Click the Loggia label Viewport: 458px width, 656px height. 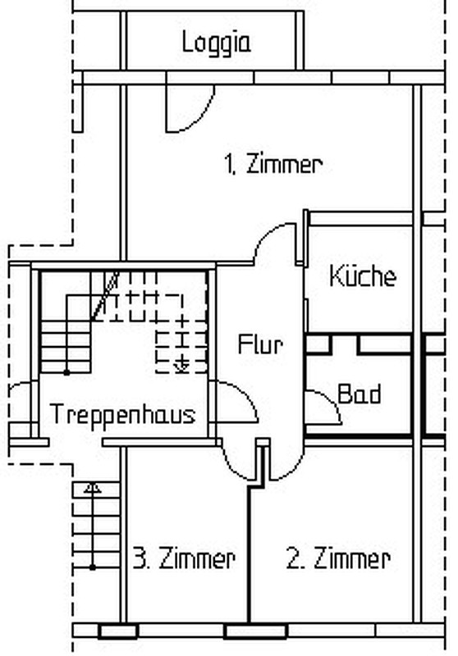[x=217, y=43]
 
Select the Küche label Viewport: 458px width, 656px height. [x=363, y=276]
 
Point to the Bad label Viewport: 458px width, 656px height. [x=360, y=394]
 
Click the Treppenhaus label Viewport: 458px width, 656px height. [x=122, y=415]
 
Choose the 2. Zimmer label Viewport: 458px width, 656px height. [x=338, y=558]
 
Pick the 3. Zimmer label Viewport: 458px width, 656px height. [x=184, y=558]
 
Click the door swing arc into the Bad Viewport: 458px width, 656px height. [x=332, y=401]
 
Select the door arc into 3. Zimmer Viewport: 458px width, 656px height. [x=231, y=467]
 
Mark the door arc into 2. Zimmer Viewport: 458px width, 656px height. [x=294, y=469]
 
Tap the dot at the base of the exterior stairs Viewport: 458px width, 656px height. [x=93, y=567]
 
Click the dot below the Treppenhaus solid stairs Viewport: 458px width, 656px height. [x=66, y=372]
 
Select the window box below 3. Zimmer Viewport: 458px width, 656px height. [x=118, y=631]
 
